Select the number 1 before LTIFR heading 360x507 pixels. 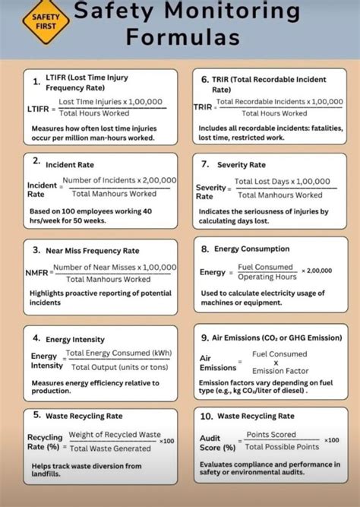tap(36, 81)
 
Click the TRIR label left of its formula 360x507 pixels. tap(202, 108)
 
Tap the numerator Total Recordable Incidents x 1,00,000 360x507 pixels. tap(279, 101)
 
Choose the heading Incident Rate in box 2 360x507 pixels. tap(70, 164)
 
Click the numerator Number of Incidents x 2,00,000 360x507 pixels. tap(119, 180)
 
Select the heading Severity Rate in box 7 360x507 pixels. tap(241, 164)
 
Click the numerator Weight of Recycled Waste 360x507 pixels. tap(114, 434)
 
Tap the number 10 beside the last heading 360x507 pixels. tap(205, 417)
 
